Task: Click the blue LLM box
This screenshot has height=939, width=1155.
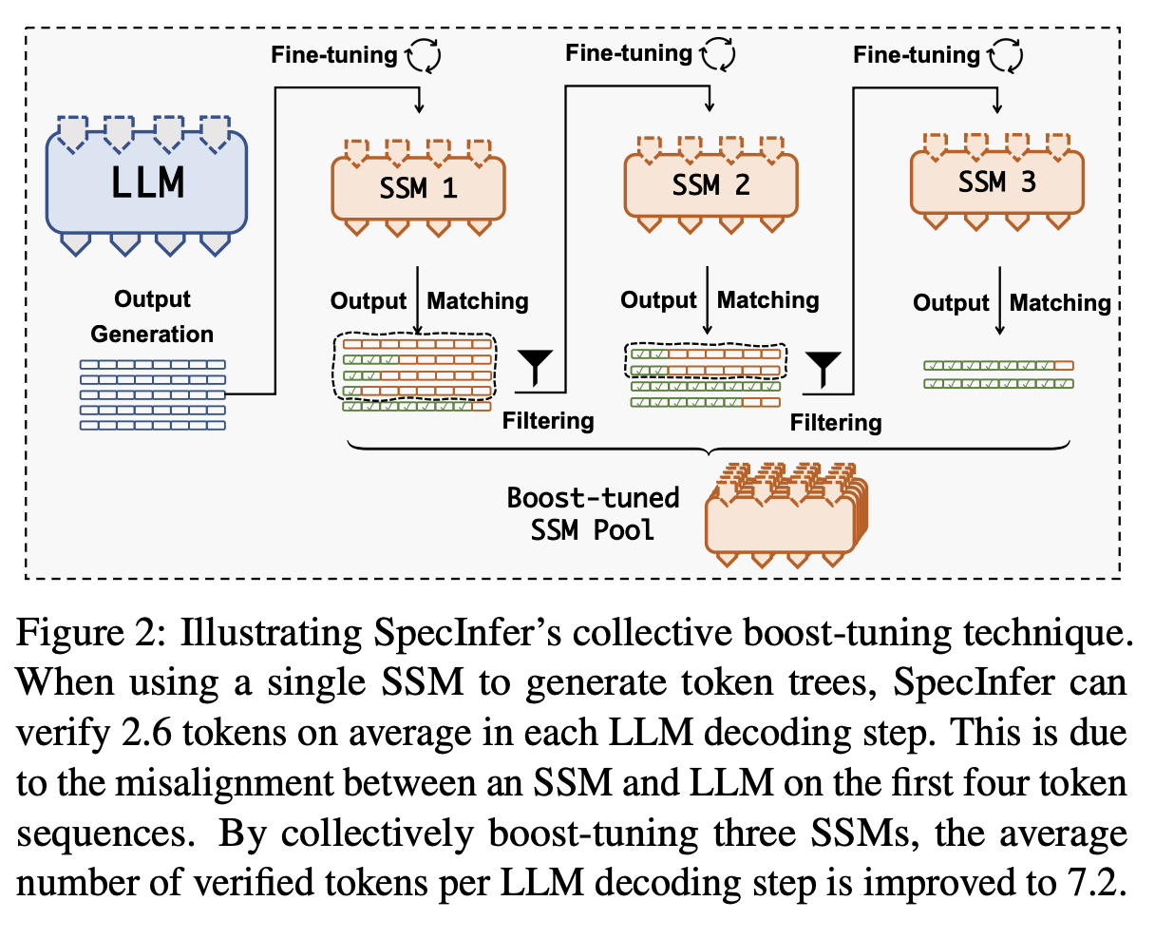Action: (x=147, y=183)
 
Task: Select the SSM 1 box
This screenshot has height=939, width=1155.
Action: (x=418, y=188)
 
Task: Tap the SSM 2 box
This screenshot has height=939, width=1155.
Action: (x=710, y=185)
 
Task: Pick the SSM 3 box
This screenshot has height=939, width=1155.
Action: (x=996, y=182)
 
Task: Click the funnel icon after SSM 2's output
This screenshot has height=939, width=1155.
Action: (x=824, y=369)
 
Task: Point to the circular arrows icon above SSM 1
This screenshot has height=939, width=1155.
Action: (x=424, y=56)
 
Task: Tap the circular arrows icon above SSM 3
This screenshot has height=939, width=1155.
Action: (x=1005, y=56)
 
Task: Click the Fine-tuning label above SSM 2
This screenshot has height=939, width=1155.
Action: (x=628, y=53)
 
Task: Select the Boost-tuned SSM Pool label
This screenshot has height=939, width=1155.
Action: (x=594, y=513)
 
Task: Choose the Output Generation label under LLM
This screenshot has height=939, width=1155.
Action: (x=152, y=316)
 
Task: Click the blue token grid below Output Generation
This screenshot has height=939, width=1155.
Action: (x=152, y=394)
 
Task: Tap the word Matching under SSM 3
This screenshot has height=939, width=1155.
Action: (x=1060, y=303)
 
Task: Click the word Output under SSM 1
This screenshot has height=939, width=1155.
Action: (x=369, y=301)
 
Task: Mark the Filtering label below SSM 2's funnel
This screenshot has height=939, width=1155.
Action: (x=836, y=422)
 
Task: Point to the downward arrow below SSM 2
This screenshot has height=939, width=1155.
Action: (x=708, y=300)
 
